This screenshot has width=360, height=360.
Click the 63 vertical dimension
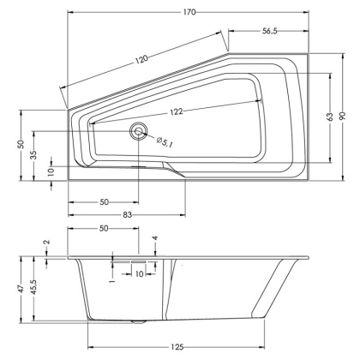point(329,116)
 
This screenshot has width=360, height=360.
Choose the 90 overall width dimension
point(347,116)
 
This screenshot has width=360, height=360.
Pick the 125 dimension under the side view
point(177,346)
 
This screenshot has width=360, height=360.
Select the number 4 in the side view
point(154,238)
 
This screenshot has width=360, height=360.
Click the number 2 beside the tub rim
point(47,243)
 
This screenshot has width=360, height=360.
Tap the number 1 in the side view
point(112,280)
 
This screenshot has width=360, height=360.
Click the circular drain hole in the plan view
point(138,131)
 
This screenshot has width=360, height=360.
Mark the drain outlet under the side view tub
point(138,323)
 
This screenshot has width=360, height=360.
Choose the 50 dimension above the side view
point(105,230)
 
